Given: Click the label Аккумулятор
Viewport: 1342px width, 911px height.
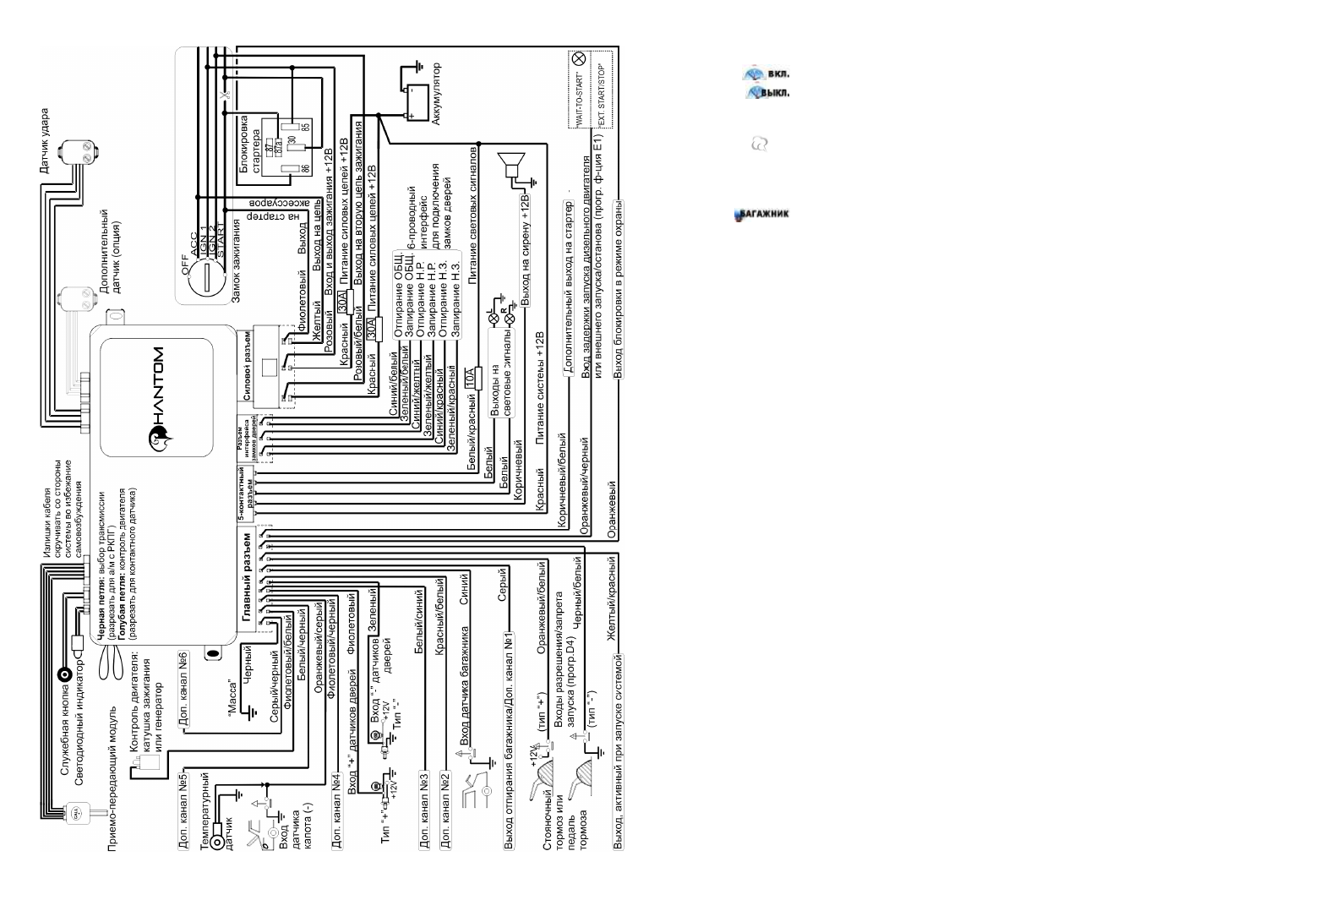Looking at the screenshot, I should pos(436,94).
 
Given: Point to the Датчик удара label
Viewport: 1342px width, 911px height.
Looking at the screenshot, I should pos(45,140).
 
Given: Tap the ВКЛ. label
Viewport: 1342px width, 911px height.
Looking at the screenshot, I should pos(778,74).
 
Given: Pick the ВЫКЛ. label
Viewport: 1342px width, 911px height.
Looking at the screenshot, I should pos(775,92).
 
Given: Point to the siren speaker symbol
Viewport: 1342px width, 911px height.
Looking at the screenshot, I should pos(510,166).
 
